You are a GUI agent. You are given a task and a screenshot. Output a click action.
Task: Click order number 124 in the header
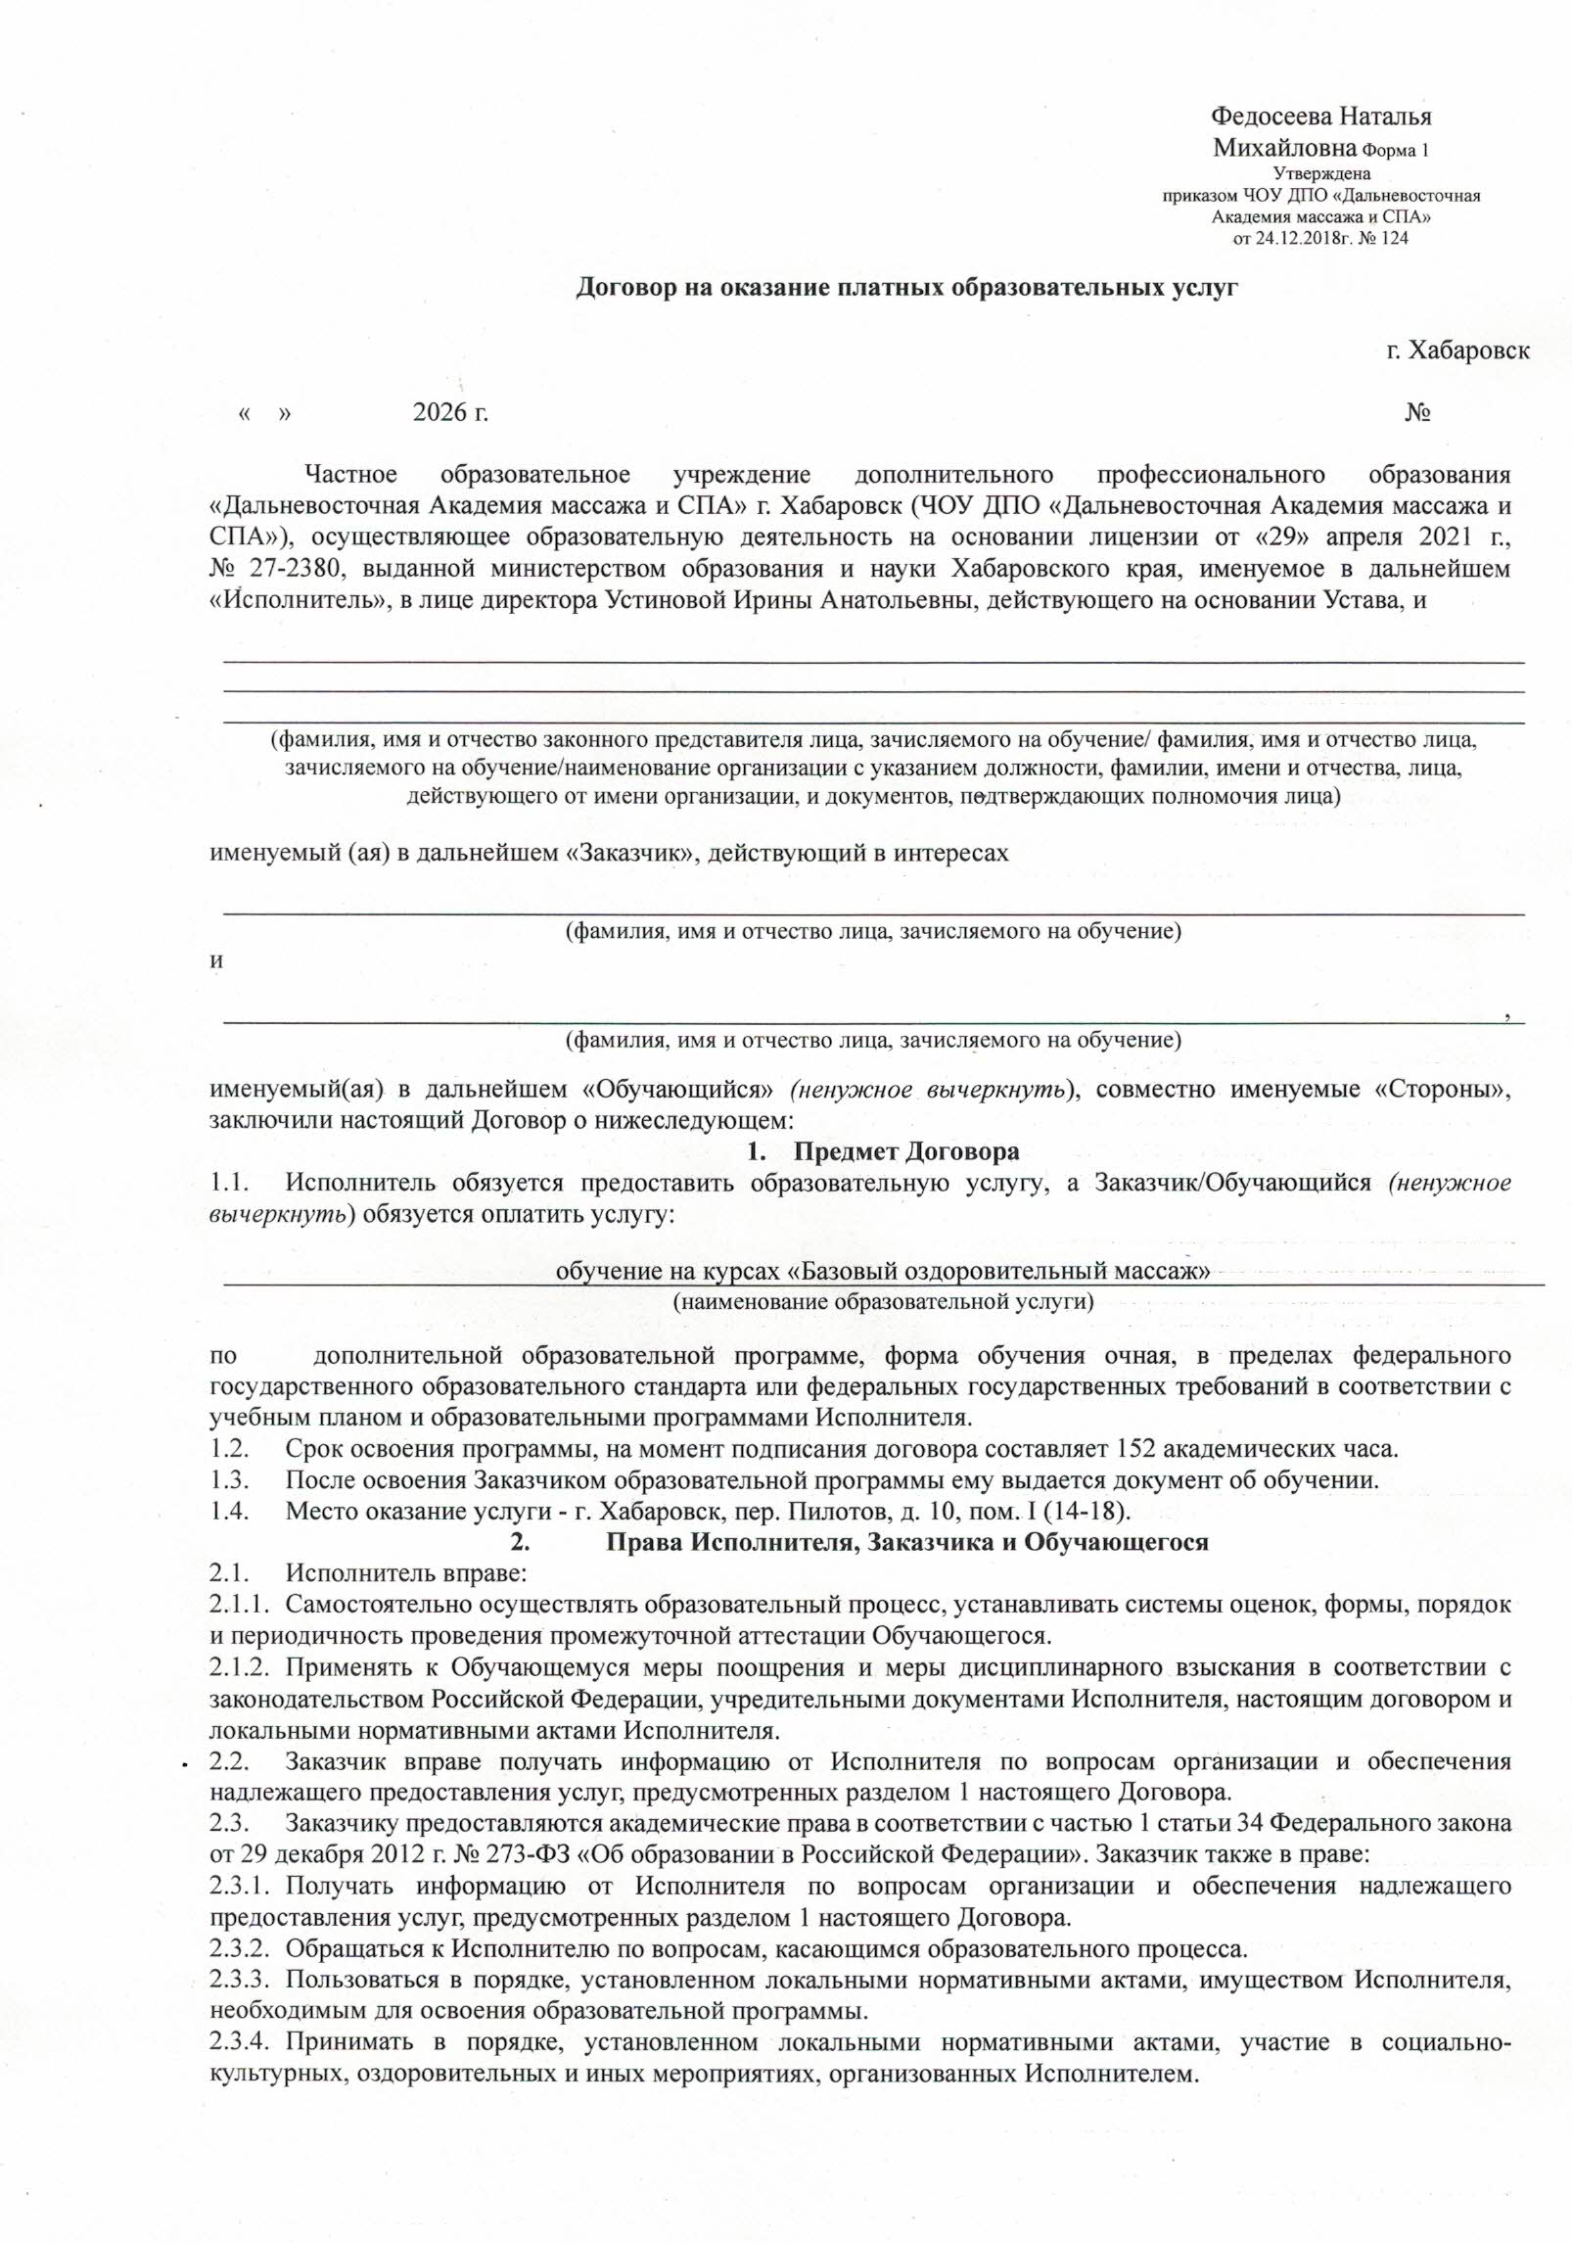point(1395,238)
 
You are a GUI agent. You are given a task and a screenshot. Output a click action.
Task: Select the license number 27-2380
point(281,569)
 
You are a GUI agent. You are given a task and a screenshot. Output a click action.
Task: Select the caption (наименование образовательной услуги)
point(882,1302)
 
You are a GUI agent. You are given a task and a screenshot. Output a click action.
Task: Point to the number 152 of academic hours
point(1133,1448)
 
